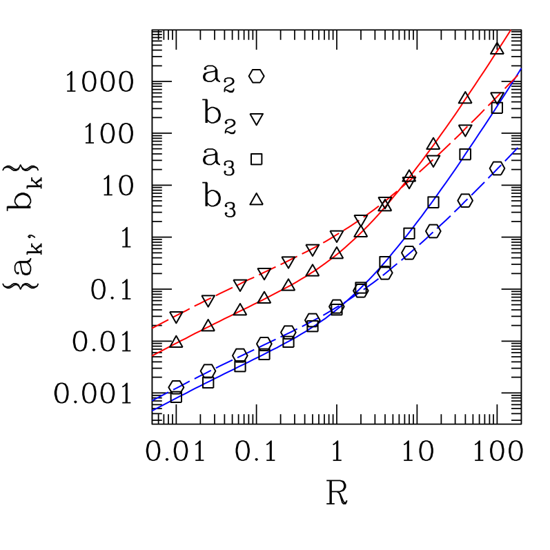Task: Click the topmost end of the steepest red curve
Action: point(510,30)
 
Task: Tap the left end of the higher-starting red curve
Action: point(153,328)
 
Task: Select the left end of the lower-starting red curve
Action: point(153,355)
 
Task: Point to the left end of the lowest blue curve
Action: point(153,411)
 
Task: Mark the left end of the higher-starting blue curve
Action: point(153,400)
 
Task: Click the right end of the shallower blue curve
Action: point(518,148)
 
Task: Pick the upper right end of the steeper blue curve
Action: point(520,69)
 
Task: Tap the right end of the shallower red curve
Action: point(519,73)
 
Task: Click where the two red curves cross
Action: point(408,181)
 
